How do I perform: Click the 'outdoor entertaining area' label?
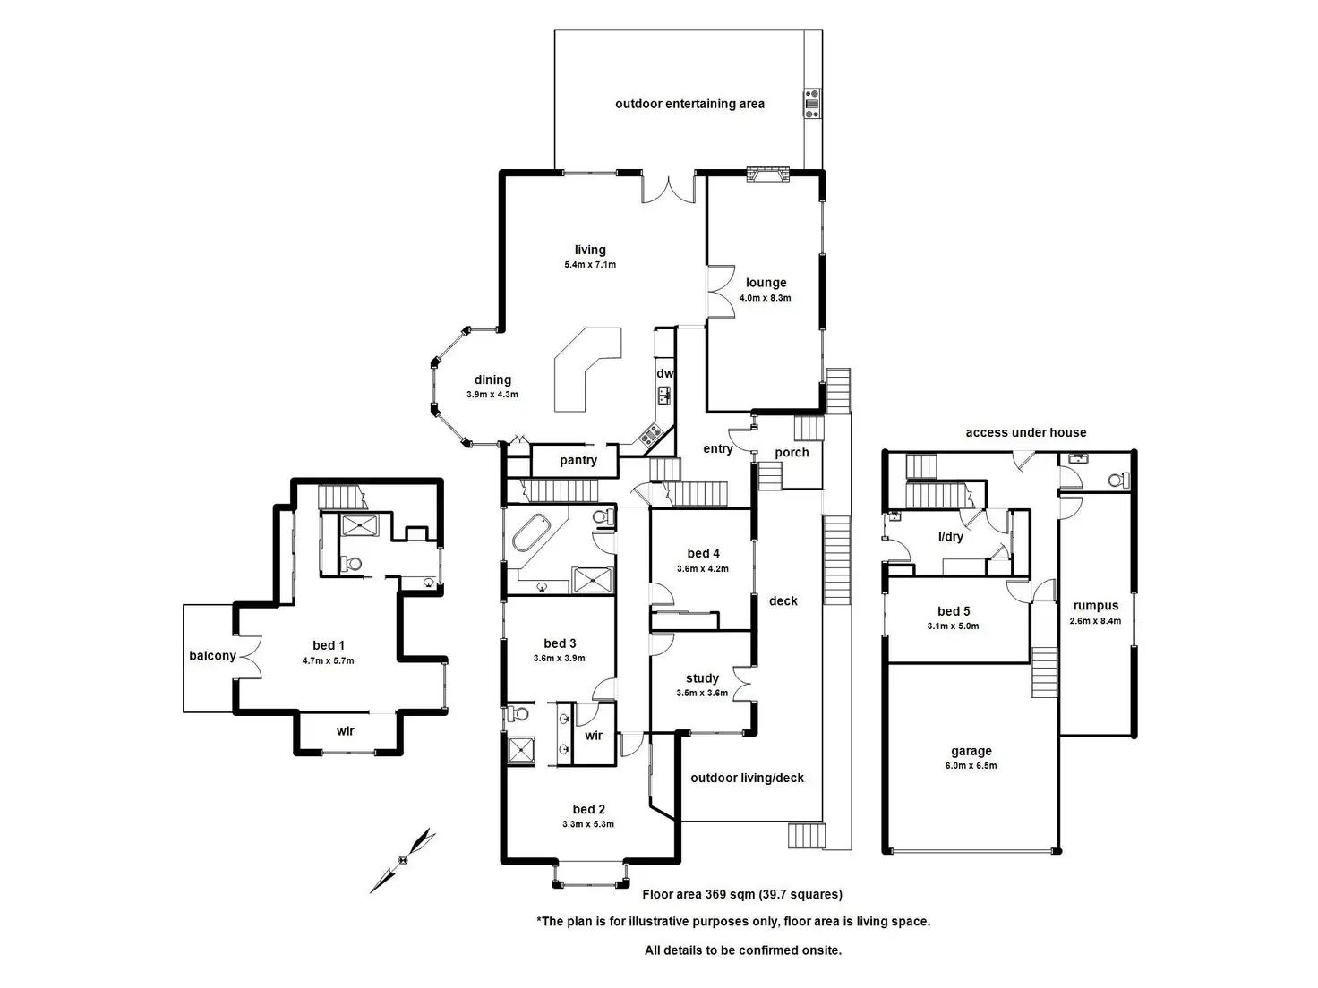689,104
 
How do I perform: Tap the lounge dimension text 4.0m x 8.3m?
765,298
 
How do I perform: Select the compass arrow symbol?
403,860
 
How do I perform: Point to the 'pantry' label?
578,460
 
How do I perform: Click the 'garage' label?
971,752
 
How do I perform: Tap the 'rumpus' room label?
1095,606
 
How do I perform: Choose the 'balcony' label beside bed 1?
212,656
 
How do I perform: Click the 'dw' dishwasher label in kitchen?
664,373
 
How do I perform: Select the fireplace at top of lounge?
768,175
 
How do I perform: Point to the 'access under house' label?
1025,432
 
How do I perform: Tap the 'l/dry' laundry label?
950,537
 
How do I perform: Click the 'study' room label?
702,678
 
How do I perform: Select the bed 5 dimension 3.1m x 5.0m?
953,626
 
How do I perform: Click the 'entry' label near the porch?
717,448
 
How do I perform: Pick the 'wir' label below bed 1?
346,731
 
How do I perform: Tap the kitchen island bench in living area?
584,367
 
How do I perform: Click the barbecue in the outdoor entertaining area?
811,103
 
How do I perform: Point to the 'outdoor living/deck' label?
747,779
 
